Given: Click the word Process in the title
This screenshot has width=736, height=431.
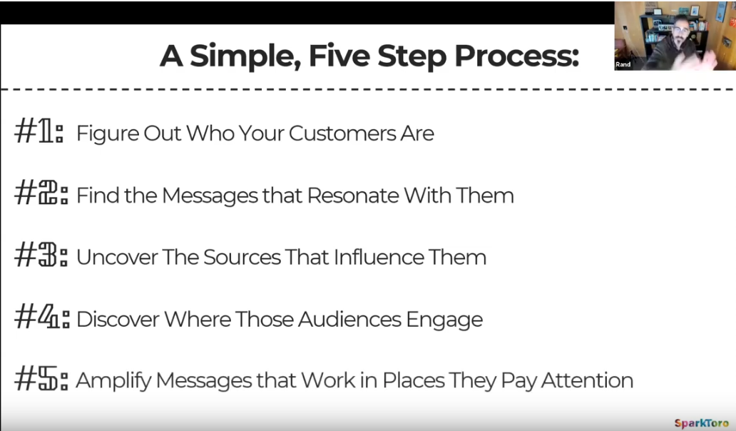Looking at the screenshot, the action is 517,56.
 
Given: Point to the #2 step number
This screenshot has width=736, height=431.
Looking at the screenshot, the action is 41,193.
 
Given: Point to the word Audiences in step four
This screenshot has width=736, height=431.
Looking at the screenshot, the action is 349,319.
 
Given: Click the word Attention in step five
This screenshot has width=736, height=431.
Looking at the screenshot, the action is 587,380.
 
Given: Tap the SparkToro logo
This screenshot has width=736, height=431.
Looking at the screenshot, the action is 701,422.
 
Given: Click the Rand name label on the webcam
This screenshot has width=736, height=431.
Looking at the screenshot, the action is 623,64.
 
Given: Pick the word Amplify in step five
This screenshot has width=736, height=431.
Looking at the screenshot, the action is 113,381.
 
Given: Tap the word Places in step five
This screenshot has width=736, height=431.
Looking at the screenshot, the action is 414,380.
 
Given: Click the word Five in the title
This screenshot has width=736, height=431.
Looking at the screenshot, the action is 339,56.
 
